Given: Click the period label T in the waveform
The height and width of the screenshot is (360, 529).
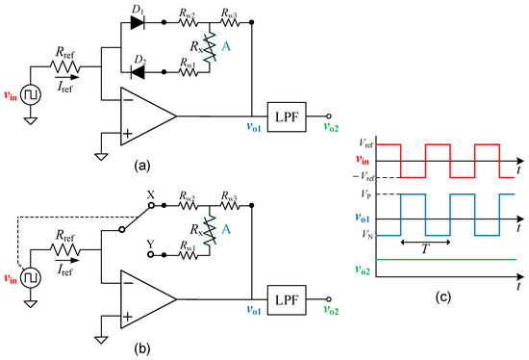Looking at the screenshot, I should tap(426, 248).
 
